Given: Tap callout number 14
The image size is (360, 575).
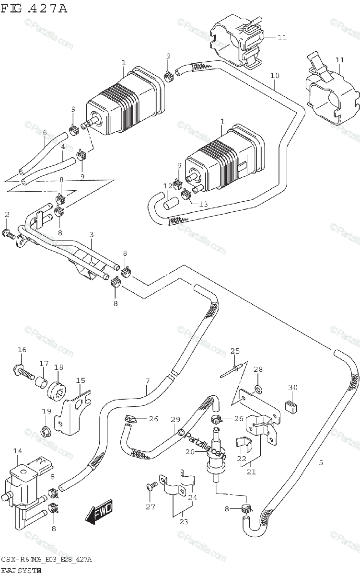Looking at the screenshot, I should [17, 451].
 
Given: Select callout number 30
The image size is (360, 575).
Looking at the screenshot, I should [293, 387].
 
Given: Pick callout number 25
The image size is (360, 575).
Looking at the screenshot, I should [234, 351].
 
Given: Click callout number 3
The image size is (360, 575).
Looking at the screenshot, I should [91, 235].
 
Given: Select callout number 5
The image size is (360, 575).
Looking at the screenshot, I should [321, 462].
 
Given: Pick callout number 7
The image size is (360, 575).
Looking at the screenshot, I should [148, 381].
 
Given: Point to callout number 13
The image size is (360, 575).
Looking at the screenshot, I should [203, 204].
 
